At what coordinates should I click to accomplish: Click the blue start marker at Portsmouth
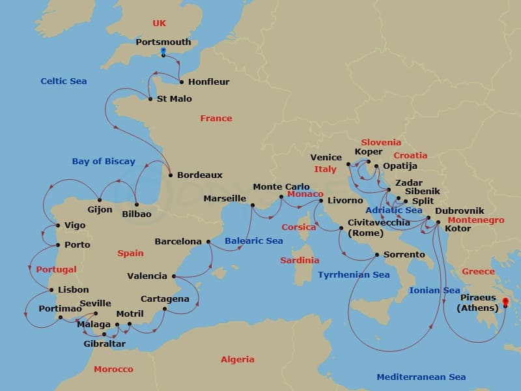click(x=163, y=51)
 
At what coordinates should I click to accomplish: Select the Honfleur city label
click(x=208, y=82)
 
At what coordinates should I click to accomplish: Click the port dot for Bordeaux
click(x=170, y=175)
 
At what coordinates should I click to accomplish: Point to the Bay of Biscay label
click(x=104, y=161)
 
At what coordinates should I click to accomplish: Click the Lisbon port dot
click(x=51, y=290)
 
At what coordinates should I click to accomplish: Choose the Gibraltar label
click(x=104, y=343)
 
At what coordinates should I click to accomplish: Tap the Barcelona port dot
click(x=208, y=242)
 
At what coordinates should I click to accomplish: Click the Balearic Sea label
click(x=254, y=240)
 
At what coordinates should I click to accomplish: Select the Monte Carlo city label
click(x=281, y=186)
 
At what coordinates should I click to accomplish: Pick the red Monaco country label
click(x=305, y=194)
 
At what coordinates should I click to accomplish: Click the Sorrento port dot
click(x=377, y=255)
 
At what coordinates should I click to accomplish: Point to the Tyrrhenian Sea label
click(x=354, y=275)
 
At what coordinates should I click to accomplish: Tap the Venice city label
click(x=326, y=157)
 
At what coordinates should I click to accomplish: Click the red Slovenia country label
click(x=381, y=142)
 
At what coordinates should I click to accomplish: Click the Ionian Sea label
click(x=434, y=290)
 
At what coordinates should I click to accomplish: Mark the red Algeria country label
click(x=237, y=359)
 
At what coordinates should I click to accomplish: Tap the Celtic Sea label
click(x=63, y=81)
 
